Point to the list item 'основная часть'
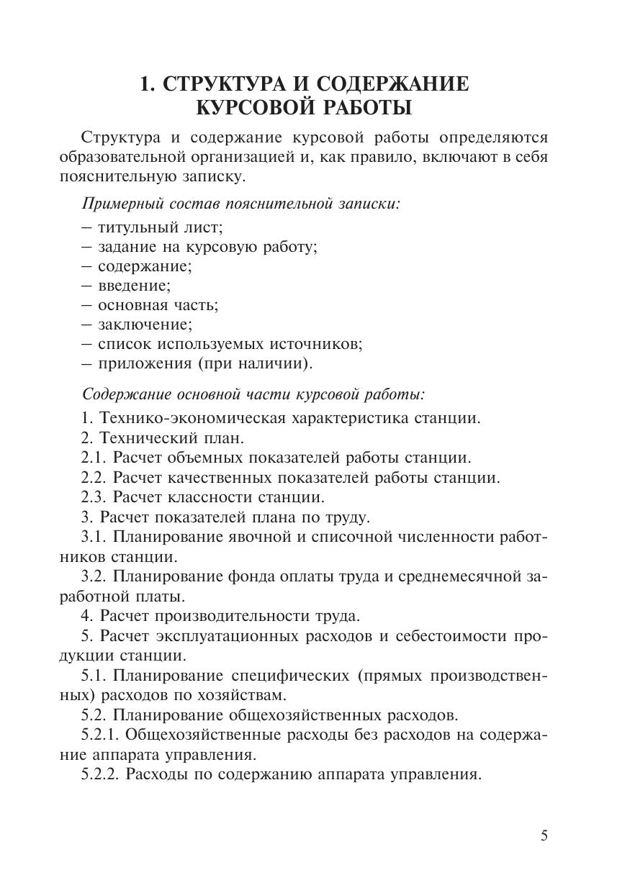[x=158, y=305]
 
